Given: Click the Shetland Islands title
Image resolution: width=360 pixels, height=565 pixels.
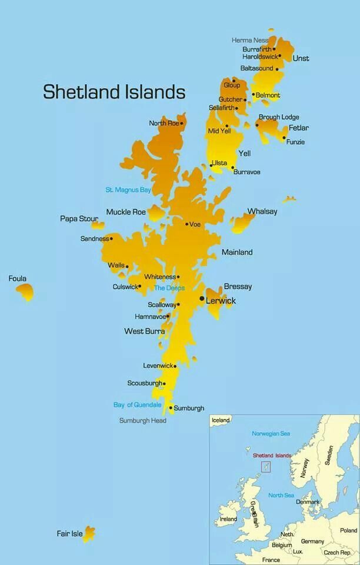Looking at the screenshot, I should click(x=114, y=92).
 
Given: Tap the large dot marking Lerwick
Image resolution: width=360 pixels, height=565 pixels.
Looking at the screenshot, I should click(x=202, y=299).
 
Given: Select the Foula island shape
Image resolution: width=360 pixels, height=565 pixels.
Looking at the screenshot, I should click(x=25, y=291).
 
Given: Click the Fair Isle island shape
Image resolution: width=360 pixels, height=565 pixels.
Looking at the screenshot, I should click(x=89, y=533).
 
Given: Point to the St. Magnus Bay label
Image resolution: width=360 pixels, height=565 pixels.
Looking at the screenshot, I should click(x=128, y=190).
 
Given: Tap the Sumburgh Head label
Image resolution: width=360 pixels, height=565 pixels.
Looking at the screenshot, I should click(x=143, y=421).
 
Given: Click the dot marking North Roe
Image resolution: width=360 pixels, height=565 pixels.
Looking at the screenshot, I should click(x=182, y=124).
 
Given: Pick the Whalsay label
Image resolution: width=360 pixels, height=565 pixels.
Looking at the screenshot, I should click(x=262, y=211).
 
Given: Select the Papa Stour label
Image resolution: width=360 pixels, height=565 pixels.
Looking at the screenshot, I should click(x=79, y=218).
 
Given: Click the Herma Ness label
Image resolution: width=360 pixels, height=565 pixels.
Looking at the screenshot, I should click(x=250, y=40).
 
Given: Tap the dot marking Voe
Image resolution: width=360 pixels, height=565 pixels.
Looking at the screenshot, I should click(x=187, y=224).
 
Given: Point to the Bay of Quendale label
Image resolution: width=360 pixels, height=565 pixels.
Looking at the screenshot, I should click(x=137, y=405).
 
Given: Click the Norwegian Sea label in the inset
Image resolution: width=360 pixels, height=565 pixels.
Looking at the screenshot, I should click(x=271, y=434).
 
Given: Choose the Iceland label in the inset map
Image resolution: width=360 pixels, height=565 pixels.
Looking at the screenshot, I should click(x=221, y=421).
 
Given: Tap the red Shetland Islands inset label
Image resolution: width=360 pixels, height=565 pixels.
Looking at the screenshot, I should click(x=272, y=456).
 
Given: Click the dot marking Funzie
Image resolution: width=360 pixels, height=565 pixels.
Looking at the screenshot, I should click(x=284, y=138).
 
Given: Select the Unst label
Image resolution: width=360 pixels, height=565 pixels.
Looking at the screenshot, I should click(x=301, y=58).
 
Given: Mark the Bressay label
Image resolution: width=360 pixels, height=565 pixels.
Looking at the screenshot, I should click(x=238, y=287).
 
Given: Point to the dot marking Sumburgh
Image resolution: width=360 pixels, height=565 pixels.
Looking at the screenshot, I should click(x=171, y=407).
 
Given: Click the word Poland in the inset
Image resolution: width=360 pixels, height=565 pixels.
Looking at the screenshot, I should click(x=348, y=530).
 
